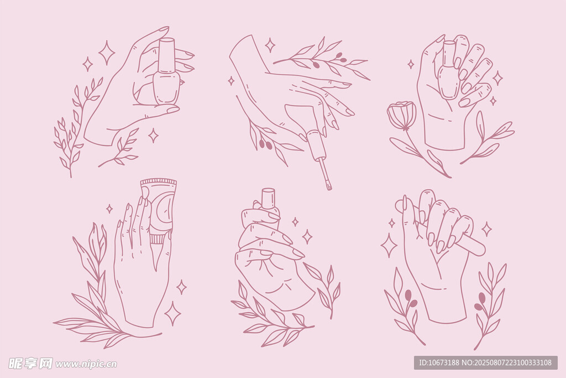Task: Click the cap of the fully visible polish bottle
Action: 167,55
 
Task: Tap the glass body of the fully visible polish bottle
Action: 166,89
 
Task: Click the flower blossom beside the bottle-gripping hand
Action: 401,115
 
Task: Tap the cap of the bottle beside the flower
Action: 449,54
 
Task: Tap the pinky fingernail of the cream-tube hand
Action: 119,224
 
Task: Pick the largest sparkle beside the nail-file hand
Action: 389,245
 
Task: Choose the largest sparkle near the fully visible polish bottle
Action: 107,53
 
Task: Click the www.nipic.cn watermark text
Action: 86,364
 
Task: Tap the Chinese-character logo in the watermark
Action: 31,363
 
